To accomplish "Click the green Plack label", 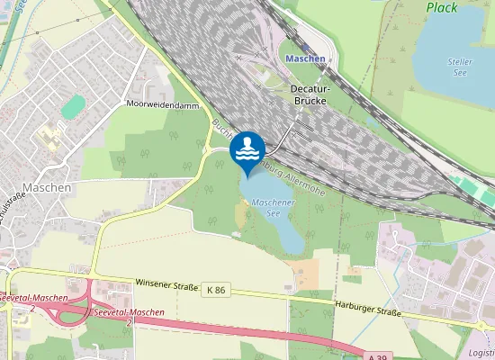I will [x=442, y=8].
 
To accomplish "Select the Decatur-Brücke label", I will [x=308, y=95].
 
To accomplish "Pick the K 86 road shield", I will [x=215, y=290].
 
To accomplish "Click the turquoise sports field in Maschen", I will [x=73, y=105].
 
